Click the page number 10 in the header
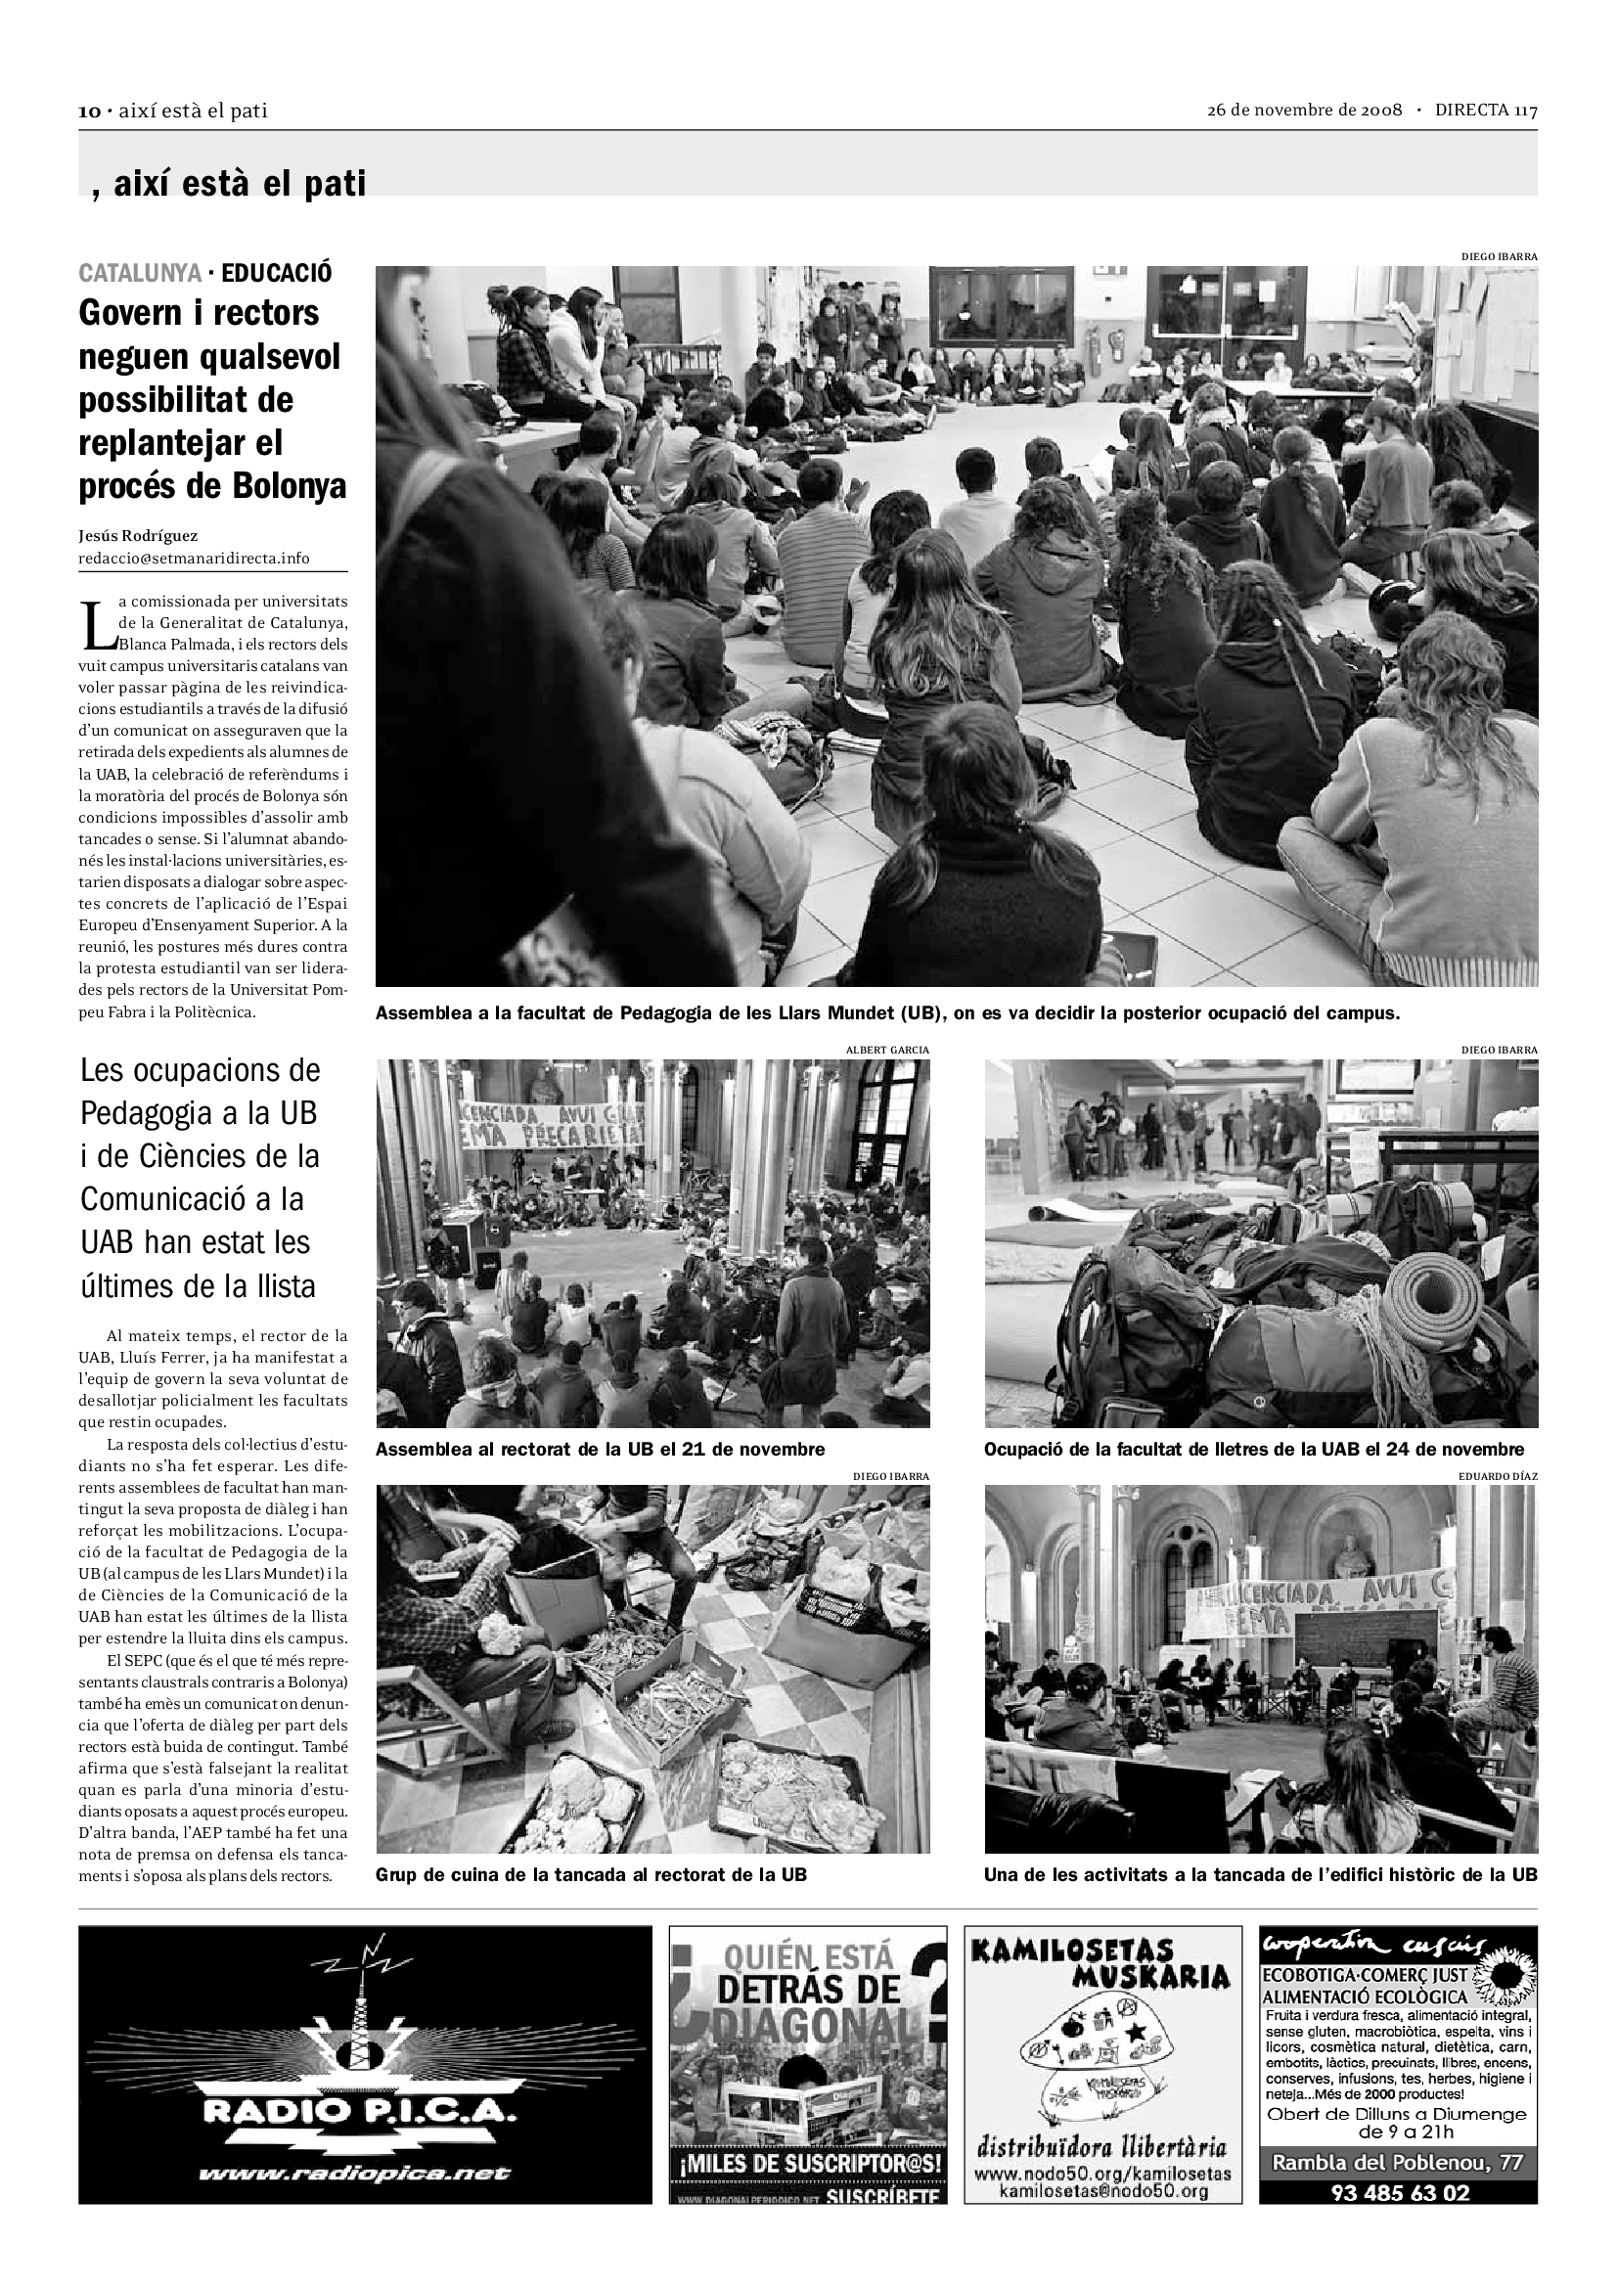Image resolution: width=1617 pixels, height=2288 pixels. (89, 112)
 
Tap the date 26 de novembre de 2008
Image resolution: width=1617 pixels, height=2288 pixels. (1304, 110)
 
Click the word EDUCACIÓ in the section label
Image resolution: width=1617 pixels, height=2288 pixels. (277, 273)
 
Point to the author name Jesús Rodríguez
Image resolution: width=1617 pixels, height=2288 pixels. (139, 536)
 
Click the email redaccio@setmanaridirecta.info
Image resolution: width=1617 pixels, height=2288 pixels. (195, 558)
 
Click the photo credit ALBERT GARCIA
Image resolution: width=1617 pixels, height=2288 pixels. (886, 1050)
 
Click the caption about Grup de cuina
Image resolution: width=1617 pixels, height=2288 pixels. (591, 1874)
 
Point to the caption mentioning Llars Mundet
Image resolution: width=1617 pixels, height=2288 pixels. (886, 1014)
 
